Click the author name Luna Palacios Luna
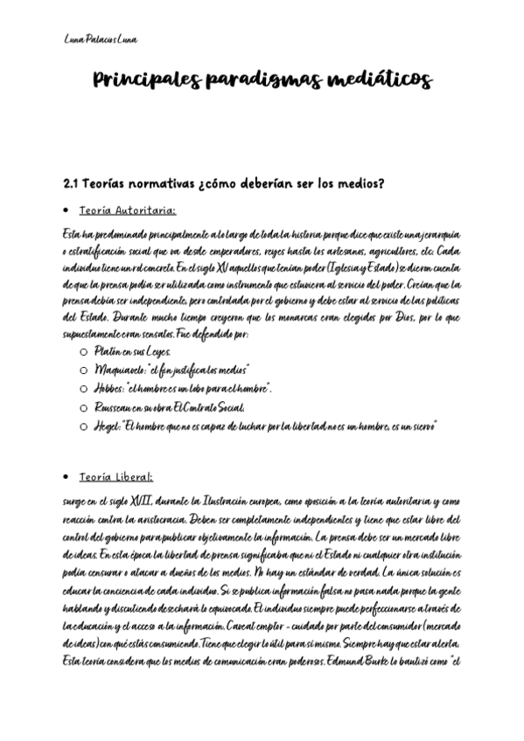pyautogui.click(x=101, y=39)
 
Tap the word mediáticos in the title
pyautogui.click(x=379, y=82)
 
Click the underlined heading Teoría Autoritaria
pyautogui.click(x=127, y=211)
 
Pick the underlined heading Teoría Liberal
pyautogui.click(x=115, y=477)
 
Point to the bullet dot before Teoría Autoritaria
pyautogui.click(x=66, y=211)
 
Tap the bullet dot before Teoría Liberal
pyautogui.click(x=66, y=478)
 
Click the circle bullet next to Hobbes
pyautogui.click(x=83, y=389)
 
